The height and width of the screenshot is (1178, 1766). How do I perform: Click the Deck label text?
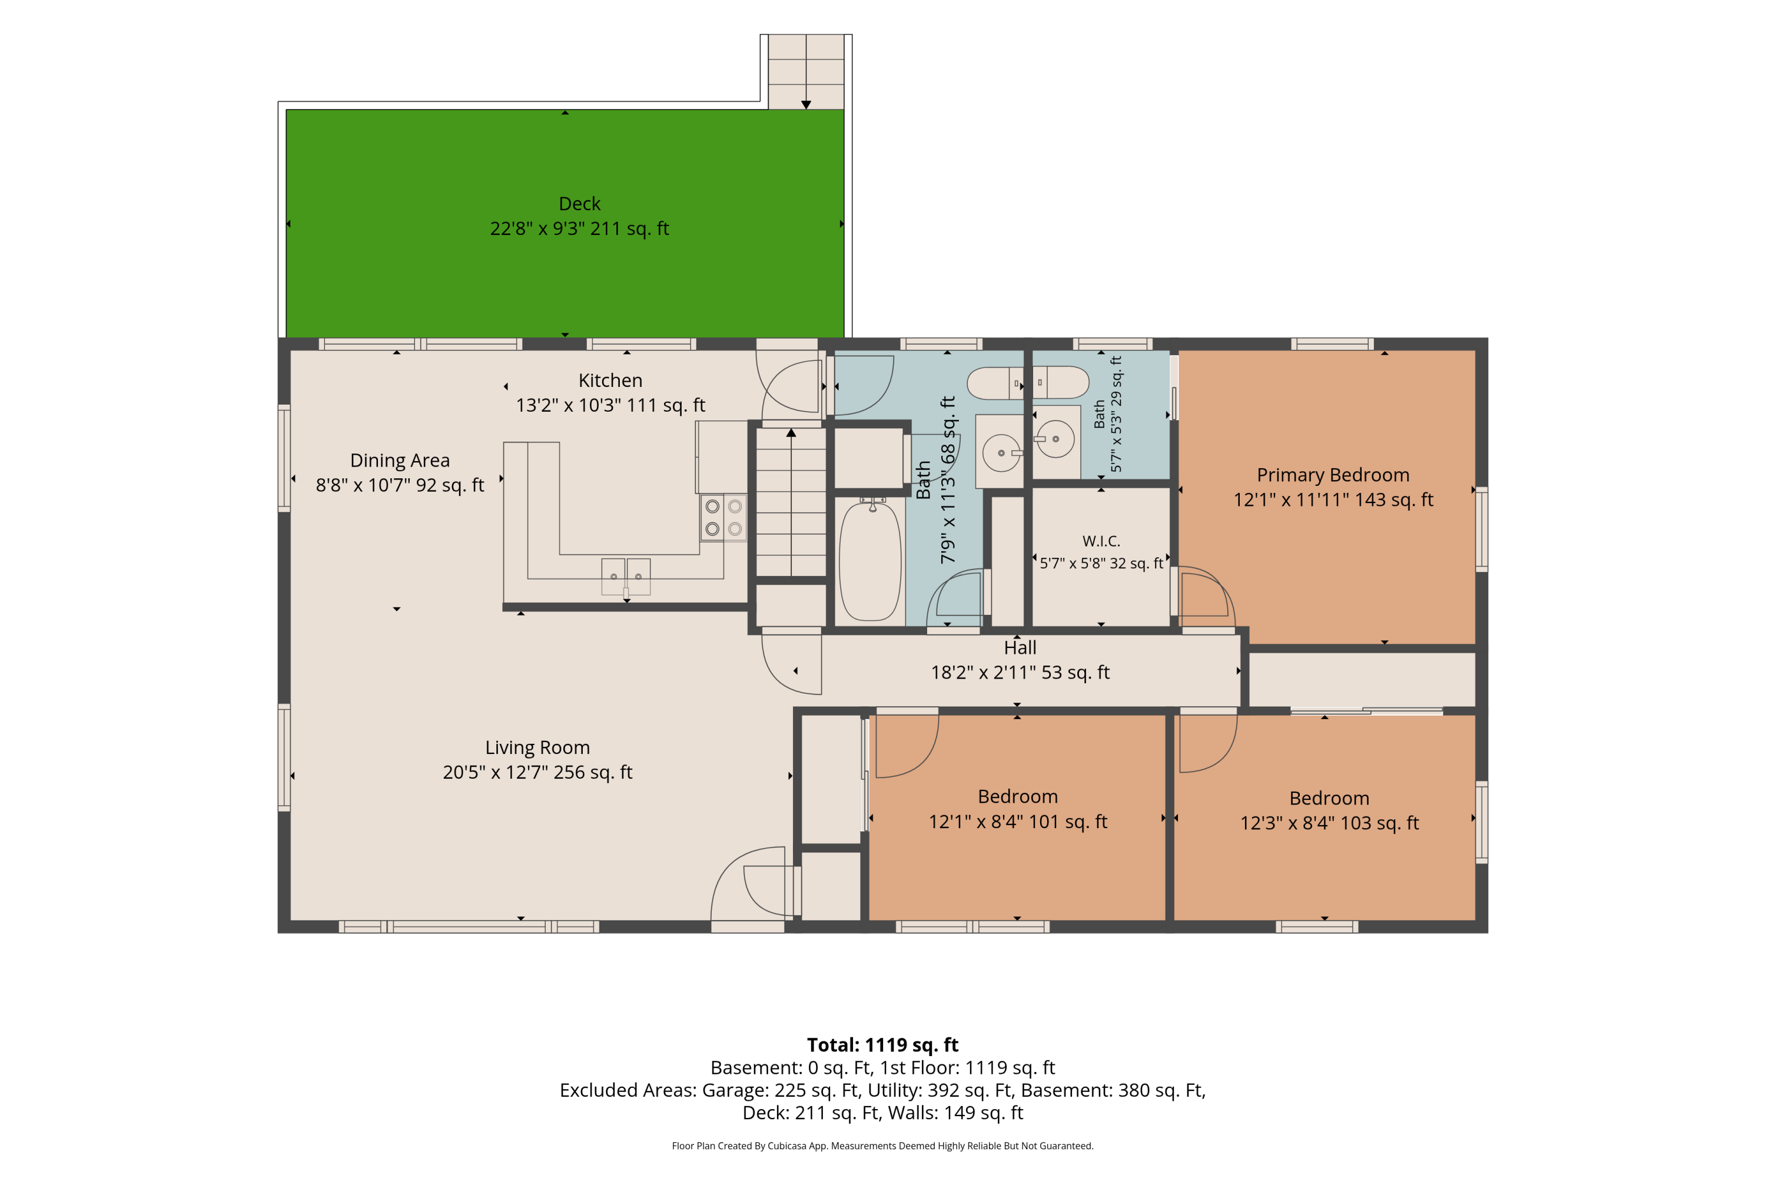pos(580,204)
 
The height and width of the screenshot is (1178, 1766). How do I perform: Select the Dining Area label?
pos(400,460)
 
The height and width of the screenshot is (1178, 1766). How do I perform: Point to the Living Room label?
pos(537,747)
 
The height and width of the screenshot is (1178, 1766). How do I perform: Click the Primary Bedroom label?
pos(1333,475)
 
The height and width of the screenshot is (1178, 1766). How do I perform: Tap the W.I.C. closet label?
pos(1101,541)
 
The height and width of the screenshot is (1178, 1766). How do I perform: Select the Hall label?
pos(1020,647)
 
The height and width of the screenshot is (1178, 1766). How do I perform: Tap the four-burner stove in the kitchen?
pos(724,517)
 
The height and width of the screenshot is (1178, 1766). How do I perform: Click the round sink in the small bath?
pos(1055,439)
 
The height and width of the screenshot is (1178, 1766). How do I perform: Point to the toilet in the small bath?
pos(1061,382)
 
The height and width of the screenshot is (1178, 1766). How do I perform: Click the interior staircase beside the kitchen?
pos(791,502)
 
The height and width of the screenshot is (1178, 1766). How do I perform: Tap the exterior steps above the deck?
pos(806,72)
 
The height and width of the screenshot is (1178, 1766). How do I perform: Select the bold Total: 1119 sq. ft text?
pos(883,1045)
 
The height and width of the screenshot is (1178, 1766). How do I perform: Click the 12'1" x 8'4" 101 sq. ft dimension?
pos(1018,821)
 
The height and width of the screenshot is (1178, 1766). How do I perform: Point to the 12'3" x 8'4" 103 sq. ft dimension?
pos(1330,823)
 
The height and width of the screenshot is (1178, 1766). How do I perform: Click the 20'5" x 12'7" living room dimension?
pos(537,772)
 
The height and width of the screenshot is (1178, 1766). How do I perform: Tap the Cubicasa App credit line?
pos(883,1146)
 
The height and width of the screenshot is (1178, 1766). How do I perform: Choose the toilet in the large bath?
pos(995,383)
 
